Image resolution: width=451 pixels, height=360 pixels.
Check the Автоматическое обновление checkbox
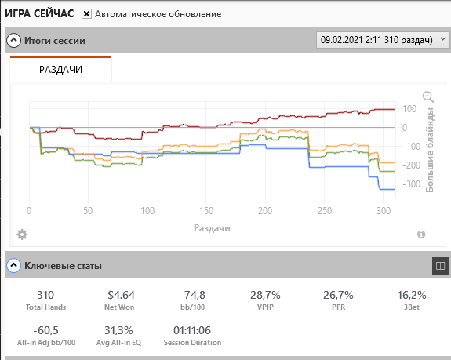click(86, 14)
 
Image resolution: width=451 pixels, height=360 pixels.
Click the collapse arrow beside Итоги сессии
click(13, 41)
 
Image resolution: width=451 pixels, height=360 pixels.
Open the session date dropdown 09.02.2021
click(383, 40)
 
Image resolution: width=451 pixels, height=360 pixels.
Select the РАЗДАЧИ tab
click(60, 70)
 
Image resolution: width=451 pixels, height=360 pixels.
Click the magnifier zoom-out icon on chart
click(428, 97)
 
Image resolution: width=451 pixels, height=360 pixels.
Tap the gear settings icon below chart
click(22, 235)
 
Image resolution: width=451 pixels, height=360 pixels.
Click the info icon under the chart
click(421, 235)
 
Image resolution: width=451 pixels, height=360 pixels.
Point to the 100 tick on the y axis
click(409, 109)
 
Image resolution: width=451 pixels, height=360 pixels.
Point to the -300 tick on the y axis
click(411, 184)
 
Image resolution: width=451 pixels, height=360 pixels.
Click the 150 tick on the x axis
click(206, 211)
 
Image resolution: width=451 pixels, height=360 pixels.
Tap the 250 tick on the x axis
click(325, 211)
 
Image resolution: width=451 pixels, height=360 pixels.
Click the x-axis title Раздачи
click(212, 228)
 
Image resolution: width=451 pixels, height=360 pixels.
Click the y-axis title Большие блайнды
click(429, 150)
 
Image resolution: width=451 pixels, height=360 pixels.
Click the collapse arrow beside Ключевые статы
click(13, 265)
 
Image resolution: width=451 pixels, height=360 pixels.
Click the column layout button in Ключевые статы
click(440, 266)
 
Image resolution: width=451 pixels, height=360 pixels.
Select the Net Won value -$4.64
click(119, 295)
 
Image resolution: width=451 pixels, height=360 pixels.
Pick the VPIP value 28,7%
click(265, 295)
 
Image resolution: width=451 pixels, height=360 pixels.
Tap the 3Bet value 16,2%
click(412, 295)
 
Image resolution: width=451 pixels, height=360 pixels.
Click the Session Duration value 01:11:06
click(192, 330)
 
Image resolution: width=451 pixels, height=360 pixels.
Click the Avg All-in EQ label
click(118, 343)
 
